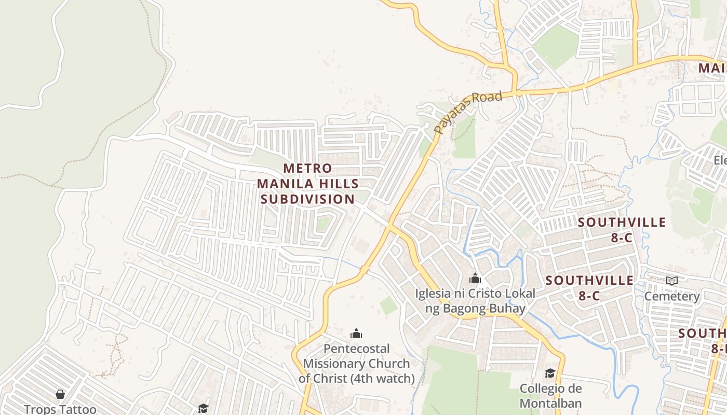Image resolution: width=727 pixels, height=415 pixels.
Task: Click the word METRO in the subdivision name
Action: [307, 168]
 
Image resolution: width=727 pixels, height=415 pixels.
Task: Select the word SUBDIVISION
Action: [307, 199]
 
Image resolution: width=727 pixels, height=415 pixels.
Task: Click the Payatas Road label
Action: [468, 112]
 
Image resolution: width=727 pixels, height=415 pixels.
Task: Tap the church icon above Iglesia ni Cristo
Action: [475, 279]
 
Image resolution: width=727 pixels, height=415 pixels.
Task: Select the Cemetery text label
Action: [672, 296]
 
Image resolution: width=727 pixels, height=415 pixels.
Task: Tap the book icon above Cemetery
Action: [672, 281]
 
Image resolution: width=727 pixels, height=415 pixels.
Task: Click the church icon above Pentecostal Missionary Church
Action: [356, 333]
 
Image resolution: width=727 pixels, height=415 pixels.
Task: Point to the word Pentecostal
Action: [356, 349]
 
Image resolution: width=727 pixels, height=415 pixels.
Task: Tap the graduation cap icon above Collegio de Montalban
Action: [550, 373]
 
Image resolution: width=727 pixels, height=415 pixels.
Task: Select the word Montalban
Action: [550, 403]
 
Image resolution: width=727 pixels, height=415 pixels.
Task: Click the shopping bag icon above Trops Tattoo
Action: [60, 395]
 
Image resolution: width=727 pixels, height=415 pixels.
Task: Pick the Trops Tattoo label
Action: [60, 409]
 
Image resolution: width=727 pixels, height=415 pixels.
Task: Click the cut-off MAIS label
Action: [712, 68]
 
